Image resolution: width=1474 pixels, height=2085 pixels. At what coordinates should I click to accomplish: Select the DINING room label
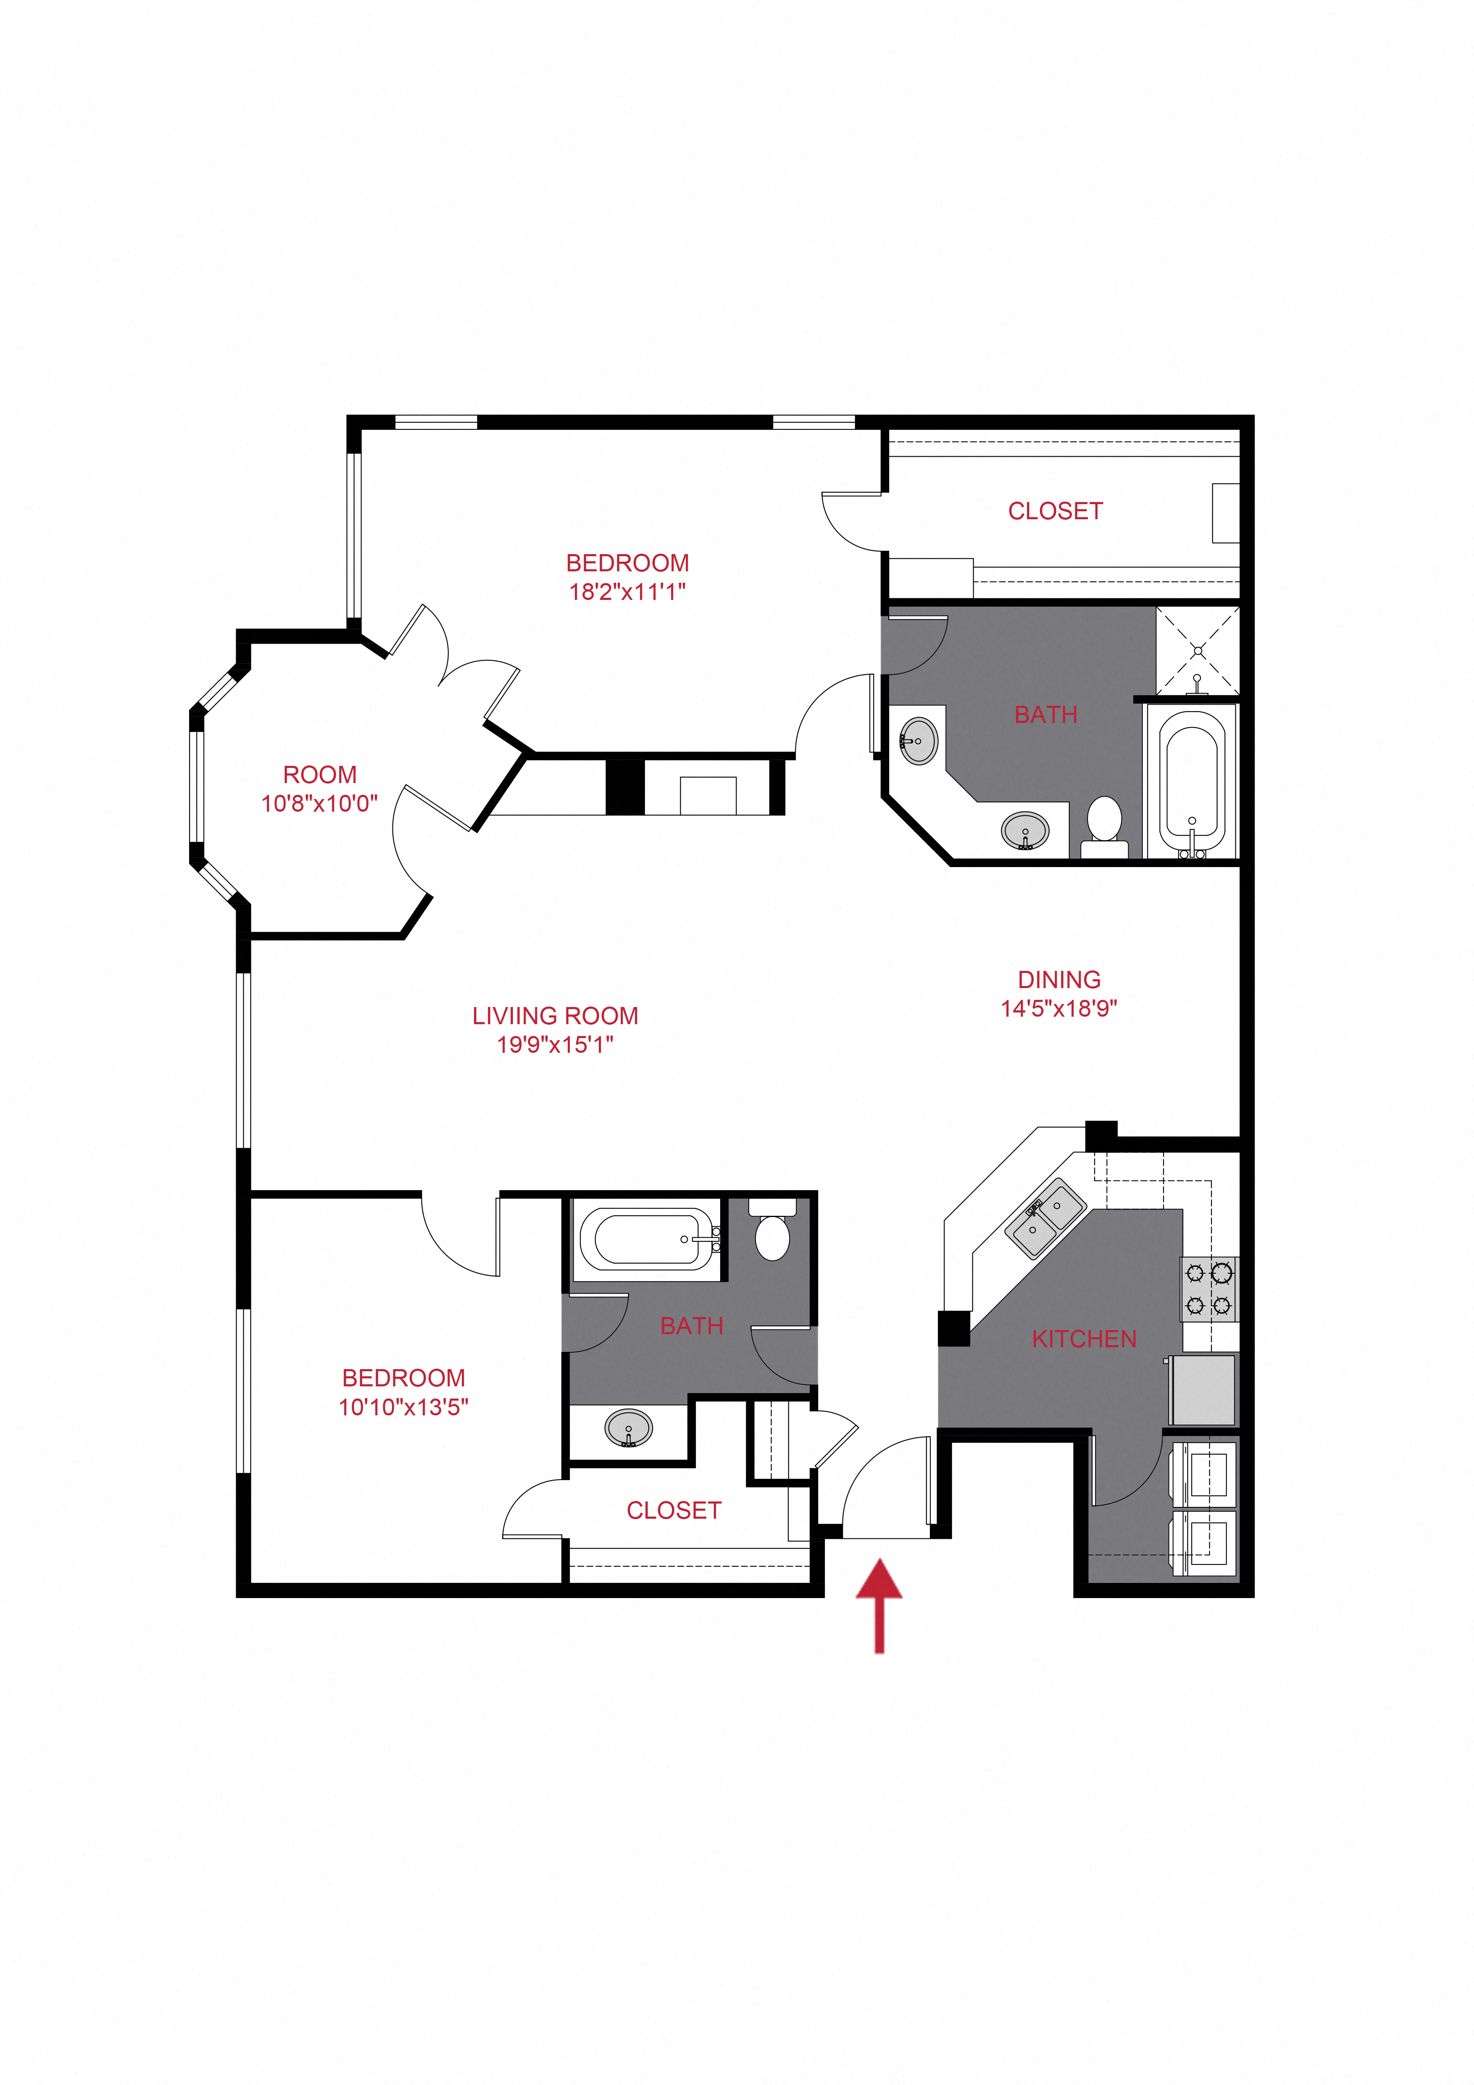click(x=1059, y=980)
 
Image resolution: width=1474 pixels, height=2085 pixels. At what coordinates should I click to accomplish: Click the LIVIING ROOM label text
click(x=555, y=1016)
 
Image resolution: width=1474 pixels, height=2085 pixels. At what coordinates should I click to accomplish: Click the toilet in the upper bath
click(x=1104, y=826)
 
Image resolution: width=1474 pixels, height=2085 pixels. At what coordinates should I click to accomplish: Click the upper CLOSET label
click(x=1055, y=511)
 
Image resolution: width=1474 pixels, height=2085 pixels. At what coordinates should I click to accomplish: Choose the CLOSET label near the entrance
click(x=674, y=1510)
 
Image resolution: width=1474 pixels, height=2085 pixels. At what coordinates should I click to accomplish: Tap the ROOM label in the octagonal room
click(x=320, y=775)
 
